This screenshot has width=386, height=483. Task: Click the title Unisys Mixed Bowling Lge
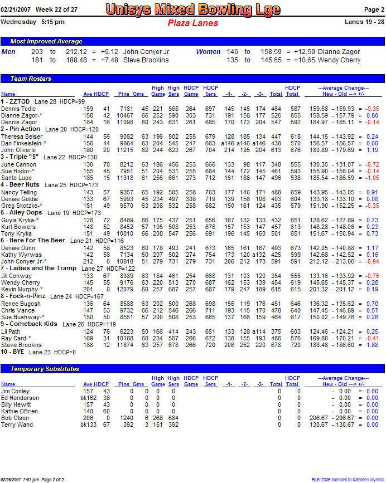click(192, 9)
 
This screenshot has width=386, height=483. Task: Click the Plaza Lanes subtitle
click(192, 23)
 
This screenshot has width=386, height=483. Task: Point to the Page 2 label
click(374, 9)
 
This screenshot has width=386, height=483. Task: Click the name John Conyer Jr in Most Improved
click(146, 52)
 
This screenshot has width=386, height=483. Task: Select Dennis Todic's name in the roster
click(18, 109)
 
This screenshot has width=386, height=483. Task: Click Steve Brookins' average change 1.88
click(372, 345)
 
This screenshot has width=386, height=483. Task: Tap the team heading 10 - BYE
click(13, 352)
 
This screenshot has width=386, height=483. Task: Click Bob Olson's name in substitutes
click(15, 418)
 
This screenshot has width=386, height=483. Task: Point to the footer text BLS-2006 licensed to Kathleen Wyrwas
click(348, 479)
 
